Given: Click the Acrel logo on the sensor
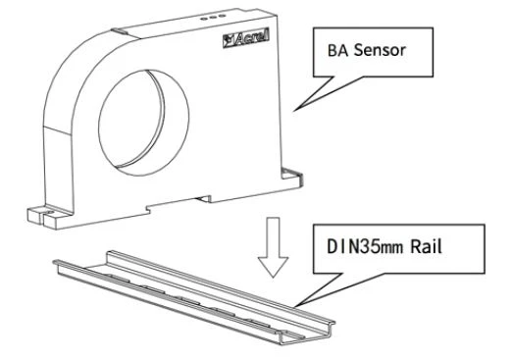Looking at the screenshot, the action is click(246, 38).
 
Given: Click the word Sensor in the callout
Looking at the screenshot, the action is click(380, 51).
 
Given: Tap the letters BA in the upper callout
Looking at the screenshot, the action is click(338, 51).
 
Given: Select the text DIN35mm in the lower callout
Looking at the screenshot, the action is click(365, 246).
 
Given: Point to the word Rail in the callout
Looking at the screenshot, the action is click(427, 246).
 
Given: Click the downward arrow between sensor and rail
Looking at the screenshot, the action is click(273, 247).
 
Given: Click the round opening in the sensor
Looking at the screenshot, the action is click(143, 123).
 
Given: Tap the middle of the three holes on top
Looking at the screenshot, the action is click(213, 18).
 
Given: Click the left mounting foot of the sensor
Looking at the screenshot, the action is click(49, 217).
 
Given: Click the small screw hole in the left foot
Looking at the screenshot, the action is click(50, 211).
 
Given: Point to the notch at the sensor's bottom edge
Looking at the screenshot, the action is click(203, 198).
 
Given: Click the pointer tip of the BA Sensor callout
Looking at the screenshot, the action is click(294, 111).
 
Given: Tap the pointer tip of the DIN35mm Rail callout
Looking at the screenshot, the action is click(294, 306).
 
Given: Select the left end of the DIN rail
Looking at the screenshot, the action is click(59, 264).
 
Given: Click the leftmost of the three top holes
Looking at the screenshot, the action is click(203, 19).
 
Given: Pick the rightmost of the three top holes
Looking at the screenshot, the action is click(222, 16).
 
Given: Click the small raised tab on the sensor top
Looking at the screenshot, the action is click(120, 30).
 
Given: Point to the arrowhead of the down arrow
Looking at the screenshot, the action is click(273, 267).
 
